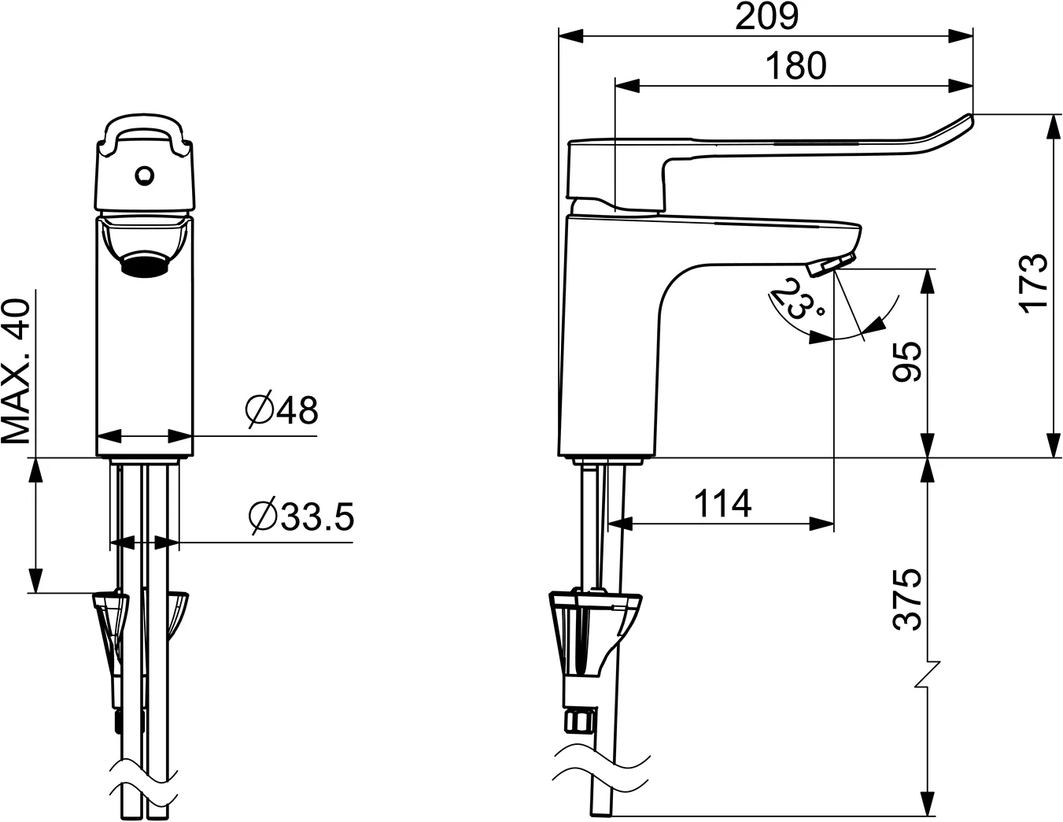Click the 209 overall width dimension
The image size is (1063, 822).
[766, 17]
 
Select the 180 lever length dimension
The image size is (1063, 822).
[795, 66]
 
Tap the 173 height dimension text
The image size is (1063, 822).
[1034, 283]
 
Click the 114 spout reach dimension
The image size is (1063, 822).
[722, 504]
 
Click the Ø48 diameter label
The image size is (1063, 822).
[281, 410]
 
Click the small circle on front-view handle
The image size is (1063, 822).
[144, 175]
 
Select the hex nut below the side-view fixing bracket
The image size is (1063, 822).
[579, 720]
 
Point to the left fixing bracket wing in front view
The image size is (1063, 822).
[109, 618]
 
